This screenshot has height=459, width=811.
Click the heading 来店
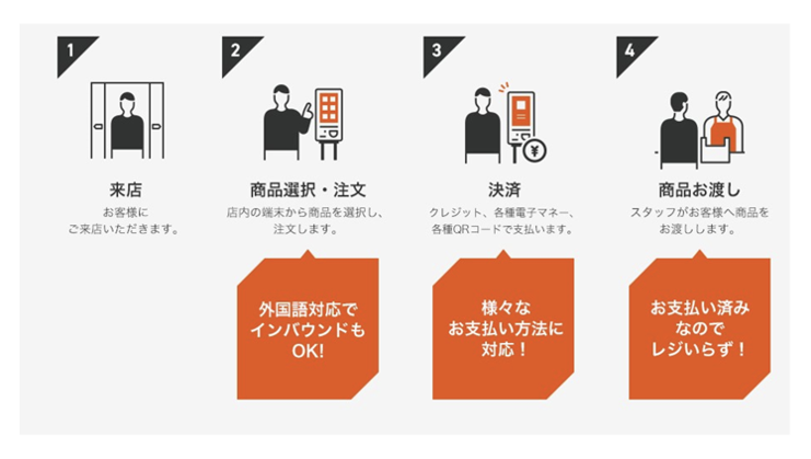click(x=126, y=190)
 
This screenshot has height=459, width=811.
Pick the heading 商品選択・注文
click(x=308, y=190)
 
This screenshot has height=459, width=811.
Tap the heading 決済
click(x=505, y=190)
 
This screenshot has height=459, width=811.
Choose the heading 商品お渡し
click(x=699, y=190)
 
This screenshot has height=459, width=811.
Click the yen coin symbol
click(x=535, y=150)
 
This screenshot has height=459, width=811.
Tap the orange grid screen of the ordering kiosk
click(x=329, y=107)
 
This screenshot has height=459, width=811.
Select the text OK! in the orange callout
click(x=308, y=351)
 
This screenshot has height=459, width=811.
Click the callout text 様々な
click(x=506, y=308)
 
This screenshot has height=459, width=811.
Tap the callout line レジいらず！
click(x=699, y=349)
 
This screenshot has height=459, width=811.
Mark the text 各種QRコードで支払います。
click(x=502, y=229)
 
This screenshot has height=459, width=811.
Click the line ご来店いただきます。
click(x=124, y=229)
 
